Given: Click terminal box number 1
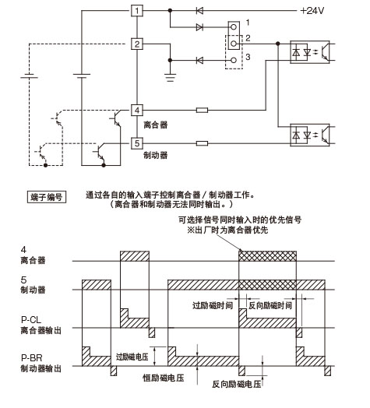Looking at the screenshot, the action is pos(137,11).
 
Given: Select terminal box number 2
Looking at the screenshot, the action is pos(137,44).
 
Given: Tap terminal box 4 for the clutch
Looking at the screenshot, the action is pos(137,110).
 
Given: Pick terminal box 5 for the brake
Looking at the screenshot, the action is pos(137,143).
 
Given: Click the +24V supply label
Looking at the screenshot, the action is pos(312,11).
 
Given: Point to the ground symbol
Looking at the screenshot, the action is pos(170,78).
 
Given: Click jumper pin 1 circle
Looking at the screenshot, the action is pos(234,27).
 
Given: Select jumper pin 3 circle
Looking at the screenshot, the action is pos(234,61).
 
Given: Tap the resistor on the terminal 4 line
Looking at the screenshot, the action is pos(202,110).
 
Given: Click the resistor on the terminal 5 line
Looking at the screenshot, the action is pos(202,143).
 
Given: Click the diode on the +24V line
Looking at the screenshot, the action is pos(199,11).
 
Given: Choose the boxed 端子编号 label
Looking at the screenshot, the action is pos(47,197).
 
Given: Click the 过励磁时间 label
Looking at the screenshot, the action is pos(213,305).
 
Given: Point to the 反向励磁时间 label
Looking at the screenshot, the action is pos(270,305).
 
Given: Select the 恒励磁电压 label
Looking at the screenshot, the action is pos(164,378).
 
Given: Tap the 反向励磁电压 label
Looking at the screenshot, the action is pos(237,384).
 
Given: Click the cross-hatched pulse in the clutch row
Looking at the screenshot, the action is pos(267,256).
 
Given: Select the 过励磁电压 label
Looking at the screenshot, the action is pos(132,357).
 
